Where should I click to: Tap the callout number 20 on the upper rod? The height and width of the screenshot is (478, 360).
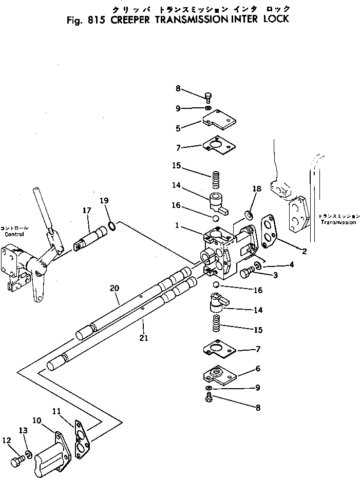point(114,290)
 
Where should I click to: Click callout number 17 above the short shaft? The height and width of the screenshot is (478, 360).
point(86,210)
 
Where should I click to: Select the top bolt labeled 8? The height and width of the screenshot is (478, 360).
point(208,96)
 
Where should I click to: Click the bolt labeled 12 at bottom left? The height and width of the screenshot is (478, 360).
point(18,460)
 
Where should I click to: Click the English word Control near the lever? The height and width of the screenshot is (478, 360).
point(14,234)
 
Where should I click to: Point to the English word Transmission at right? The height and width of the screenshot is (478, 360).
point(337,222)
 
